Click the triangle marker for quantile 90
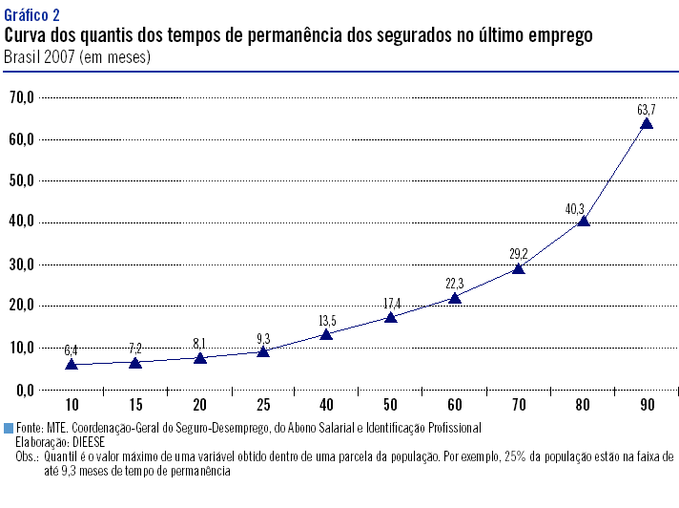647,123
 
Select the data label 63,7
647,110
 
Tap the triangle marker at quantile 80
583,221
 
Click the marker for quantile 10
72,364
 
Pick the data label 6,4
72,350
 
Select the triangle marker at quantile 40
326,334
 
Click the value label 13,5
326,321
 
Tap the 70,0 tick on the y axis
21,96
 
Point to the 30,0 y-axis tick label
21,264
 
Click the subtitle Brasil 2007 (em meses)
77,56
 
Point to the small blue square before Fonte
9,428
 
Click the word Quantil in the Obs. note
60,456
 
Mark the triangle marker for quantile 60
455,298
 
